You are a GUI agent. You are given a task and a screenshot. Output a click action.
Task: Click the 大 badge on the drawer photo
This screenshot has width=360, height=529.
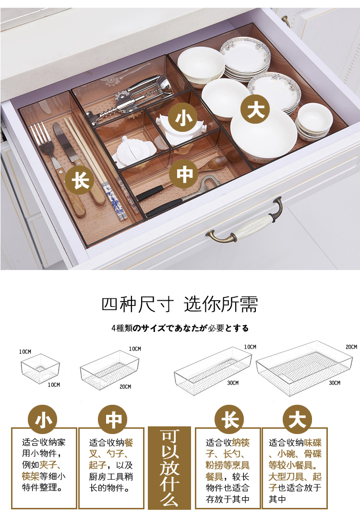pyautogui.click(x=255, y=109)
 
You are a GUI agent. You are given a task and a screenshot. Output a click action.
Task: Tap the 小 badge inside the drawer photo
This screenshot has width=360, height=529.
pyautogui.click(x=183, y=118)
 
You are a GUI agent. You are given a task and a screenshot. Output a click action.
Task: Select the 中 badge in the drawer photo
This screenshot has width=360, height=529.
pyautogui.click(x=184, y=174)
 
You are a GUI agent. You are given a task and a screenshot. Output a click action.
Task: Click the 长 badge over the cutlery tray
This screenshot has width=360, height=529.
pyautogui.click(x=80, y=180)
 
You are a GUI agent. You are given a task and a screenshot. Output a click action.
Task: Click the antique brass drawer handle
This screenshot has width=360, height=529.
pyautogui.click(x=244, y=223)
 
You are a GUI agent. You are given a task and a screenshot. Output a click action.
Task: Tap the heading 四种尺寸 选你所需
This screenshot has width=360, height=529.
pyautogui.click(x=180, y=304)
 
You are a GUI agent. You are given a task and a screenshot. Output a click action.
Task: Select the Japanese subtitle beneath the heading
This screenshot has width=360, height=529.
pyautogui.click(x=180, y=328)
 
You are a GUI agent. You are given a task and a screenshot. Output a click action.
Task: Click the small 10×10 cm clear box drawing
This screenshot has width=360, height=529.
pyautogui.click(x=40, y=368)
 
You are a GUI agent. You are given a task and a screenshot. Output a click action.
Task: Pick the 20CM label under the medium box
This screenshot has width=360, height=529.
pyautogui.click(x=125, y=387)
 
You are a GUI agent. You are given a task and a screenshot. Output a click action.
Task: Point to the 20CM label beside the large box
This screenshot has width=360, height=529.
pyautogui.click(x=351, y=347)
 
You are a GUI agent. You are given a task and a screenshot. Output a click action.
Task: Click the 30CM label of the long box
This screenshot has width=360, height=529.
pyautogui.click(x=233, y=383)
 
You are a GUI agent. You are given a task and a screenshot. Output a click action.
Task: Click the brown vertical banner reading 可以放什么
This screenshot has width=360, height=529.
pyautogui.click(x=169, y=468)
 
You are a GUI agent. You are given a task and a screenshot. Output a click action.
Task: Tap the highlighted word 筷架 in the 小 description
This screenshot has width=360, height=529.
pyautogui.click(x=30, y=476)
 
